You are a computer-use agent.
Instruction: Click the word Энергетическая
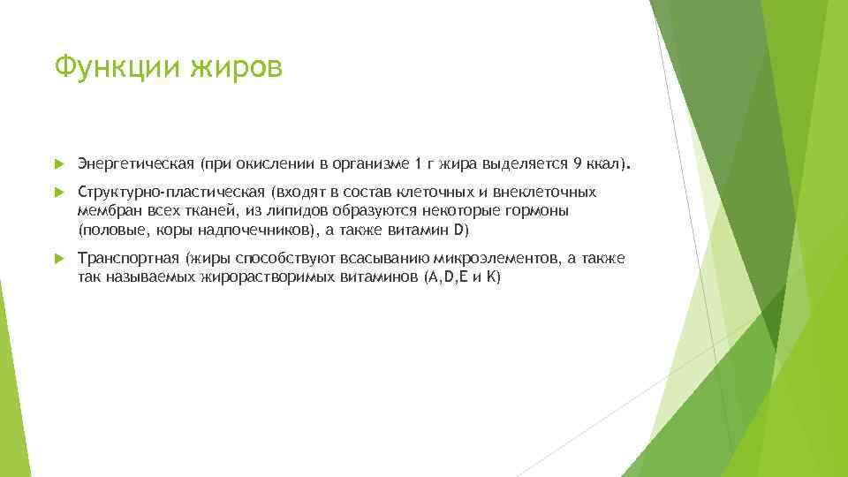pyautogui.click(x=135, y=164)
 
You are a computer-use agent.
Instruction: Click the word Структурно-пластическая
pyautogui.click(x=171, y=192)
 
